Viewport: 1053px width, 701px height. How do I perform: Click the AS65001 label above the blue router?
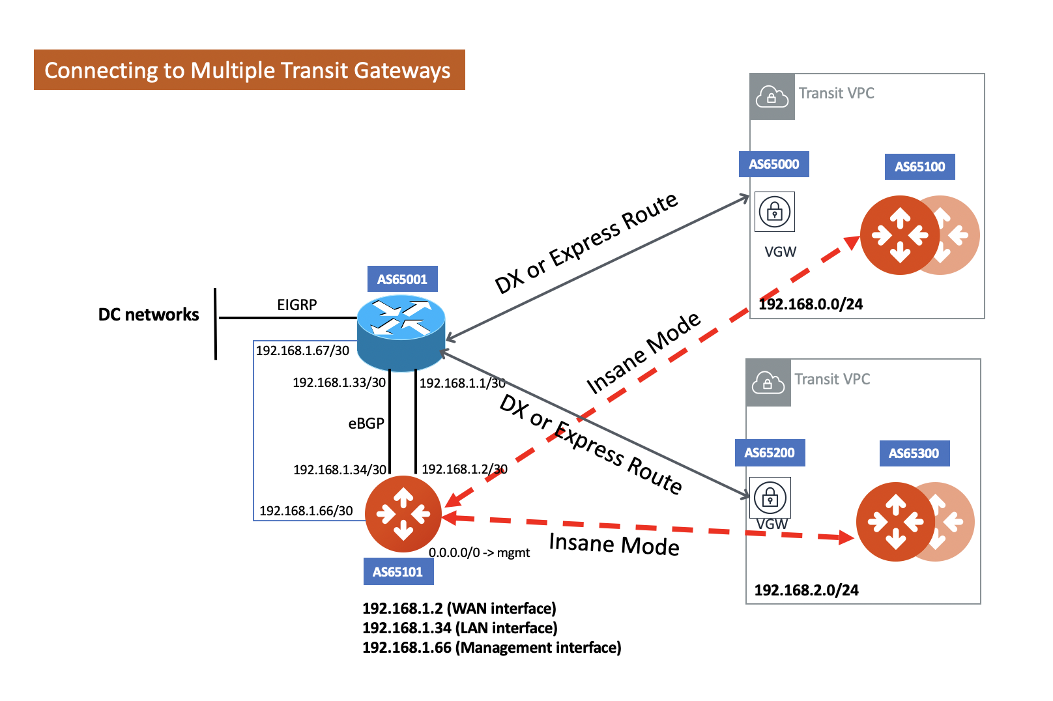tap(402, 279)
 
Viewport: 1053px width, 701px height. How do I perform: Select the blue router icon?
tap(401, 332)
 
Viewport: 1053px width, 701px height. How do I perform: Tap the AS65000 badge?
tap(773, 164)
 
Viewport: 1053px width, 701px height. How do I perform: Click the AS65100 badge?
tap(919, 167)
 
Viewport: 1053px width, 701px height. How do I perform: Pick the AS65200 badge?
tap(770, 453)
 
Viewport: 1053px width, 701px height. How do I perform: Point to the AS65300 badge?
tap(914, 453)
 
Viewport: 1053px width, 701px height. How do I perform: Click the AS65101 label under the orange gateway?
tap(397, 572)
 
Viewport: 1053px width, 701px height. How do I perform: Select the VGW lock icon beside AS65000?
tap(774, 212)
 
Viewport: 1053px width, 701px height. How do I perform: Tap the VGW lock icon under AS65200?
tap(770, 497)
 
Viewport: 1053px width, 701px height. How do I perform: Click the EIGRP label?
tap(296, 305)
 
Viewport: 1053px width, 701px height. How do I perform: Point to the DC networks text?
tap(149, 315)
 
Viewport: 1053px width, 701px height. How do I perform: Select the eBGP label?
tap(366, 423)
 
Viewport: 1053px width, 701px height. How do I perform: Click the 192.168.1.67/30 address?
tap(302, 350)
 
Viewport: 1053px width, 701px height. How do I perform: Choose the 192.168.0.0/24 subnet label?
tap(811, 304)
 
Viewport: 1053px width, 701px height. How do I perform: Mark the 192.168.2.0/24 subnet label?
tap(806, 590)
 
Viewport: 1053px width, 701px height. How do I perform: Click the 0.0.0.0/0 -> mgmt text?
tap(479, 553)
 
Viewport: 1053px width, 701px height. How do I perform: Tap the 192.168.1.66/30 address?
tap(306, 511)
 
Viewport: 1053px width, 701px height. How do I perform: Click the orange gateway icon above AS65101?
tap(403, 515)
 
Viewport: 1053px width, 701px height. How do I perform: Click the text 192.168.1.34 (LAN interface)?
tap(459, 628)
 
